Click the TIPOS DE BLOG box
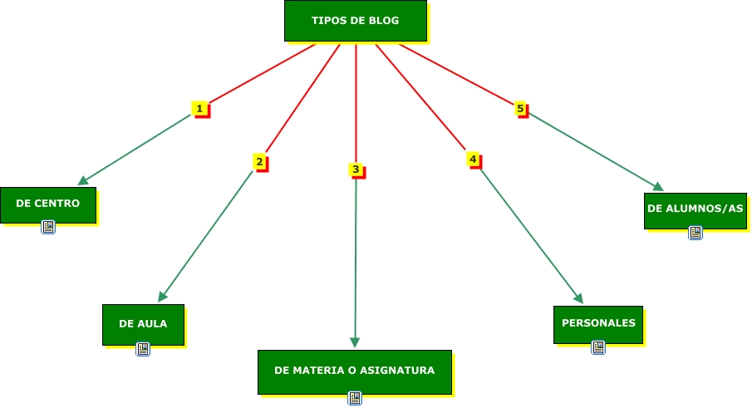pos(355,21)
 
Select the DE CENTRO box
pos(48,204)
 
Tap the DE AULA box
pos(143,324)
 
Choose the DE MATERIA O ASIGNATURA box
pos(354,371)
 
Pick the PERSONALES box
pos(597,324)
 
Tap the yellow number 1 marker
pos(199,109)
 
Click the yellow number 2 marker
pos(260,162)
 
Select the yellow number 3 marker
pos(356,170)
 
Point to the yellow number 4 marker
pos(473,159)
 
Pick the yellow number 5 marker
pos(520,109)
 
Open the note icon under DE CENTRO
pos(48,227)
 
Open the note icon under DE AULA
pos(143,349)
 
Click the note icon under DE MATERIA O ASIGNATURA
pos(355,398)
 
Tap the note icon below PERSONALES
pos(598,347)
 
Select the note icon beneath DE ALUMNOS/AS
pos(695,233)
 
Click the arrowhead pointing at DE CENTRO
pos(83,180)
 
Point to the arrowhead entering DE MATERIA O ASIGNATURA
pos(355,342)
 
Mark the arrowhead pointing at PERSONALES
pos(578,299)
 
